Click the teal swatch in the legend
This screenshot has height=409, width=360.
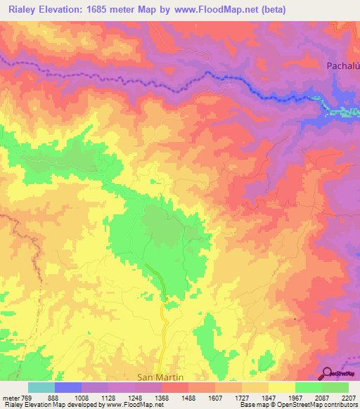41,387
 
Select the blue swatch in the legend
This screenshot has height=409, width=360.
68,387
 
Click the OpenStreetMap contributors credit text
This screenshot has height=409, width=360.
323,405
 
